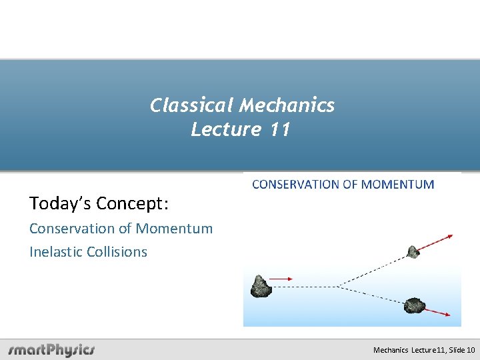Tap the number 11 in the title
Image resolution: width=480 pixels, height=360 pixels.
281,129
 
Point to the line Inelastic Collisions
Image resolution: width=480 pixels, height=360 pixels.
88,252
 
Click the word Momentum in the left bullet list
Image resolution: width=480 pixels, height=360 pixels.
174,229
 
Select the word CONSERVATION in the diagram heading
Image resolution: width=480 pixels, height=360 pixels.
296,185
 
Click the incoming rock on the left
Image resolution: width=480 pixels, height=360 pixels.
261,286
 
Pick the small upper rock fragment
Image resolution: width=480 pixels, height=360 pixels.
413,251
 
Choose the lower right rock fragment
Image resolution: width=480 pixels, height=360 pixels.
415,305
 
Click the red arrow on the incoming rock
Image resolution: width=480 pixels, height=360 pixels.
282,279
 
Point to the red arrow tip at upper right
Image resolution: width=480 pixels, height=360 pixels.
451,235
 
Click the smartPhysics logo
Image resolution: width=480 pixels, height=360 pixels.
51,350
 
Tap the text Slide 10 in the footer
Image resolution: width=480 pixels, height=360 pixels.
462,350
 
